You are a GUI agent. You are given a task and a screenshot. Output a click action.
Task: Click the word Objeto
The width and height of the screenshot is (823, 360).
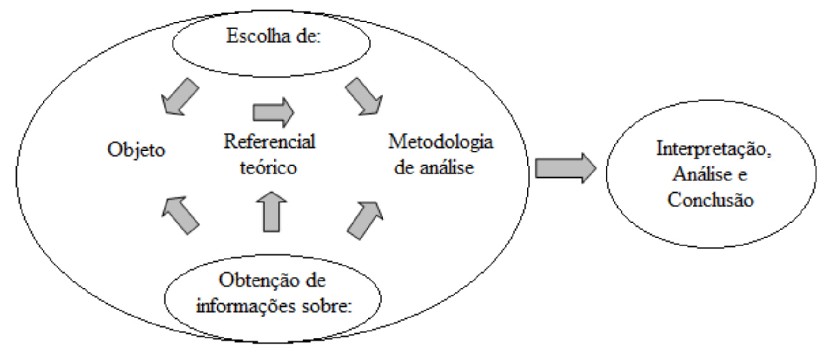136,150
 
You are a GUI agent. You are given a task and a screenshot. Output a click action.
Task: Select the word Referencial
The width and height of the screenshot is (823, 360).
269,141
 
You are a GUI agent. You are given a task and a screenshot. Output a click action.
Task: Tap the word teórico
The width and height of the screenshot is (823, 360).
268,167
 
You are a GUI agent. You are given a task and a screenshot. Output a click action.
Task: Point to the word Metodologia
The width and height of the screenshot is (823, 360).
440,141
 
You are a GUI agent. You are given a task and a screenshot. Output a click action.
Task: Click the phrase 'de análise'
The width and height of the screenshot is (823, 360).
433,167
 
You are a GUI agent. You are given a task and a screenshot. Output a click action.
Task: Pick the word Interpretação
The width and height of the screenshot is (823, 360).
714,149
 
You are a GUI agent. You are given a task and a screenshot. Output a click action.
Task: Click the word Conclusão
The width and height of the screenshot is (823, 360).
710,200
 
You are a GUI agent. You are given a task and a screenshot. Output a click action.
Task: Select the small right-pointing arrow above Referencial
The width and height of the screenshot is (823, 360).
273,112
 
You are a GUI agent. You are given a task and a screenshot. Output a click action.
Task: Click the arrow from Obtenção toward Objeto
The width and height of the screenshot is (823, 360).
180,215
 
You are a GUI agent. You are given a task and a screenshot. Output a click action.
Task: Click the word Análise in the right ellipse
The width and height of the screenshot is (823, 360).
702,174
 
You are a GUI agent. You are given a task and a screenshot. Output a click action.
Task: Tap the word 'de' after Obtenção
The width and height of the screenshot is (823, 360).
315,281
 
